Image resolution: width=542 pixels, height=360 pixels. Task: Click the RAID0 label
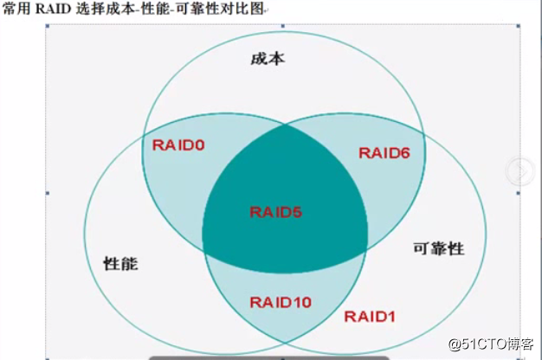(x=178, y=145)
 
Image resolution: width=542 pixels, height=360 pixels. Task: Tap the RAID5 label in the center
(x=276, y=211)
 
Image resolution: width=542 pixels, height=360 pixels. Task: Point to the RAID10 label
(x=281, y=302)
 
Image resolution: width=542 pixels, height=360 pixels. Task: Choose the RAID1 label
(x=370, y=317)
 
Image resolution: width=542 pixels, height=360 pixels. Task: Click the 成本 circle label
(x=268, y=59)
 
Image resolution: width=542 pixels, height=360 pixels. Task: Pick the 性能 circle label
(x=120, y=261)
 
